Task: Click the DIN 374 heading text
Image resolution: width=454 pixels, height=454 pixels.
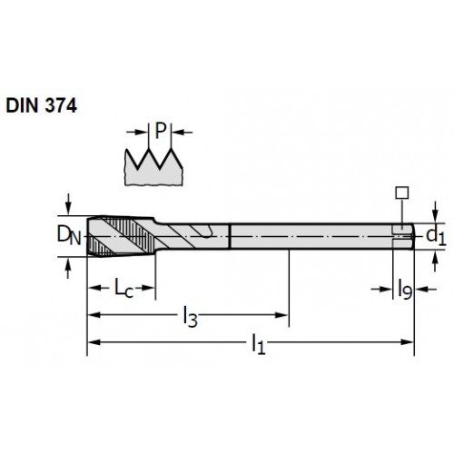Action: (41, 105)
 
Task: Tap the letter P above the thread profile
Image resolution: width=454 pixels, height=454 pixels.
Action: (161, 131)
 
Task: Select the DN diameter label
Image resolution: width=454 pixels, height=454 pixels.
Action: (69, 236)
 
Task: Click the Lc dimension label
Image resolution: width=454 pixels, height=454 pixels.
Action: (123, 288)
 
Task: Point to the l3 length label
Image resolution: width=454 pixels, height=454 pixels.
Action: (191, 317)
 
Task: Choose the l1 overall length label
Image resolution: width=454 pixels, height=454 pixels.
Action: (259, 344)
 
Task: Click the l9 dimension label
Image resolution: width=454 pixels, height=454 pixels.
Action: (405, 290)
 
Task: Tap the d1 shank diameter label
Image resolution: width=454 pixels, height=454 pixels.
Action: (436, 236)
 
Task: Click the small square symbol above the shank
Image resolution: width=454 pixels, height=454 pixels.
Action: (402, 192)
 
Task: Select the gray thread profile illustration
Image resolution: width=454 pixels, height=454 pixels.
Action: (153, 167)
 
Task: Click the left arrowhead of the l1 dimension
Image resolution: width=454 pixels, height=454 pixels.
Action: (94, 342)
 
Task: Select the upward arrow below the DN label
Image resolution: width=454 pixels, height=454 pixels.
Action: (68, 268)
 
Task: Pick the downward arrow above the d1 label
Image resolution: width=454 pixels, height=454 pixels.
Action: (435, 212)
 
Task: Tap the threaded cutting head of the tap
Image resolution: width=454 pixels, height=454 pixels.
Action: (121, 236)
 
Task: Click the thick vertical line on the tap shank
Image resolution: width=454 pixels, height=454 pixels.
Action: (230, 236)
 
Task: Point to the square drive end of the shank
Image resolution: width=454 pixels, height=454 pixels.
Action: (403, 236)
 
